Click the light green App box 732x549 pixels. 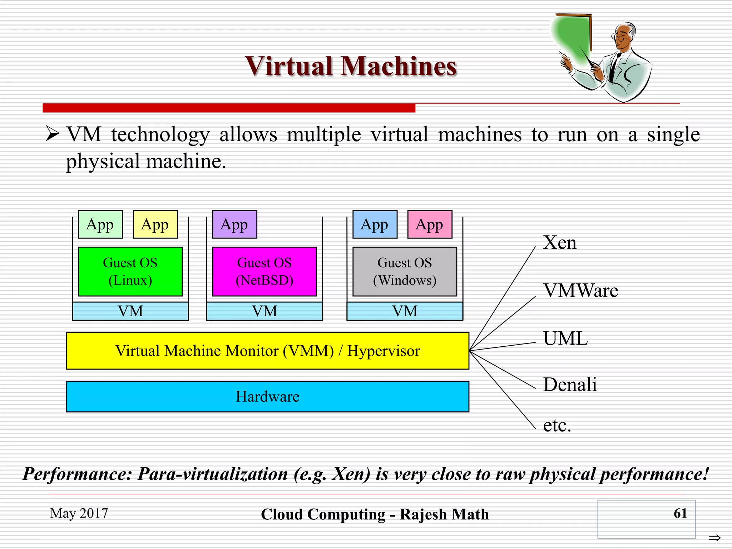tap(100, 224)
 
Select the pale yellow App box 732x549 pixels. tap(155, 224)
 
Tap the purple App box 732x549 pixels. tap(234, 224)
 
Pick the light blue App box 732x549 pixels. tap(375, 224)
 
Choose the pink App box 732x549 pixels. tap(430, 224)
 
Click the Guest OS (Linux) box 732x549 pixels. tap(130, 272)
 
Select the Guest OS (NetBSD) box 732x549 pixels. tap(264, 272)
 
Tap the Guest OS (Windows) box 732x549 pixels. tap(405, 272)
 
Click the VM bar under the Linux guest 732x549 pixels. tap(130, 311)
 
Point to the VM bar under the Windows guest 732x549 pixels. tap(405, 311)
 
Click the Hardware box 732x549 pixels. tap(267, 397)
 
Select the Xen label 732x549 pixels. tap(560, 243)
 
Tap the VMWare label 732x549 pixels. tap(581, 291)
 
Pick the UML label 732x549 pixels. tap(565, 338)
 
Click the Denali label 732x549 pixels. tap(570, 385)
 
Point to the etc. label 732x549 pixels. tap(557, 425)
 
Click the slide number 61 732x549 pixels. tap(680, 513)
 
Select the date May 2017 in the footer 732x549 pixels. tap(79, 513)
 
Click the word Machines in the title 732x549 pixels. tap(399, 66)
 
